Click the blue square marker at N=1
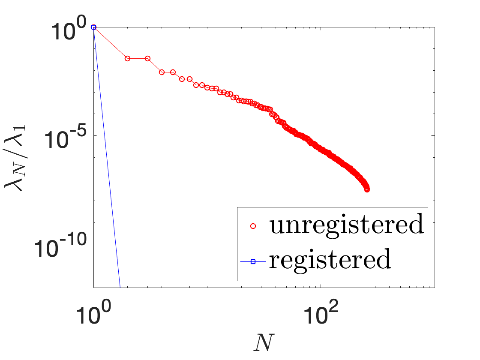[x=94, y=27]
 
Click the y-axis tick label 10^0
[x=64, y=30]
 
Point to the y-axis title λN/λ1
[x=15, y=157]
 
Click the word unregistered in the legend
[x=347, y=225]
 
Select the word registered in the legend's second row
[x=330, y=260]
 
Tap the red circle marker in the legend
[x=253, y=226]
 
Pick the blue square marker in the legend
[x=253, y=261]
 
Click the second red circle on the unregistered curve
[x=128, y=58]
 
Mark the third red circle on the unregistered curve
[x=147, y=58]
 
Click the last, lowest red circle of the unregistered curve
[x=367, y=190]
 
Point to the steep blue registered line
[x=107, y=157]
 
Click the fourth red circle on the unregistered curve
[x=162, y=72]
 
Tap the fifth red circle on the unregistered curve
[x=173, y=72]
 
